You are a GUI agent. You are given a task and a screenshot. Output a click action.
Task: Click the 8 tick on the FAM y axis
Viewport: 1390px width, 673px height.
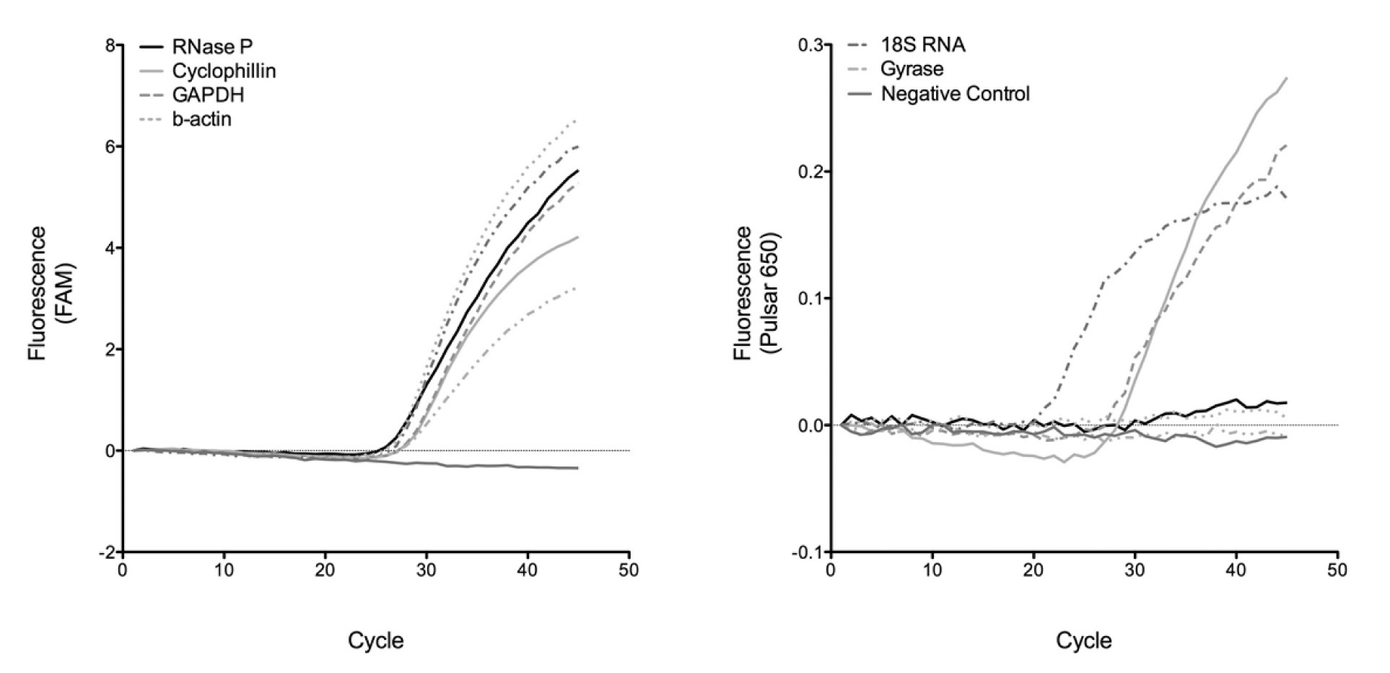tap(110, 45)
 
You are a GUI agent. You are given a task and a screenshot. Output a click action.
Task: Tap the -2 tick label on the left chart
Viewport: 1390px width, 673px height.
tap(107, 552)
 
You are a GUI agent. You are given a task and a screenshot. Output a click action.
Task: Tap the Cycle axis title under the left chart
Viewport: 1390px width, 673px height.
tap(376, 641)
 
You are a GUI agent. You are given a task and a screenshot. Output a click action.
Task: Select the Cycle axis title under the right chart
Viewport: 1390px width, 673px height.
tap(1084, 641)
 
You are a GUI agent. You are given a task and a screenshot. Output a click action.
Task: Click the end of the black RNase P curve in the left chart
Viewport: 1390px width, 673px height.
tap(578, 171)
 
